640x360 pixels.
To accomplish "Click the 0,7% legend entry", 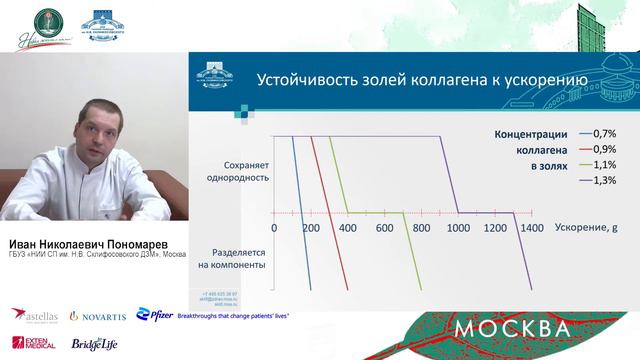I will pos(604,133).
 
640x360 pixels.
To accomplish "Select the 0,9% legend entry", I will pos(604,149).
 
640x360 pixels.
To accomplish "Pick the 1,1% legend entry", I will pos(604,164).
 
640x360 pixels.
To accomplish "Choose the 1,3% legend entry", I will pos(604,180).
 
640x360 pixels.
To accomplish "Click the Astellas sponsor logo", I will pos(33,315).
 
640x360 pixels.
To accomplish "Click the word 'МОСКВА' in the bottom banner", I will pos(513,328).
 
